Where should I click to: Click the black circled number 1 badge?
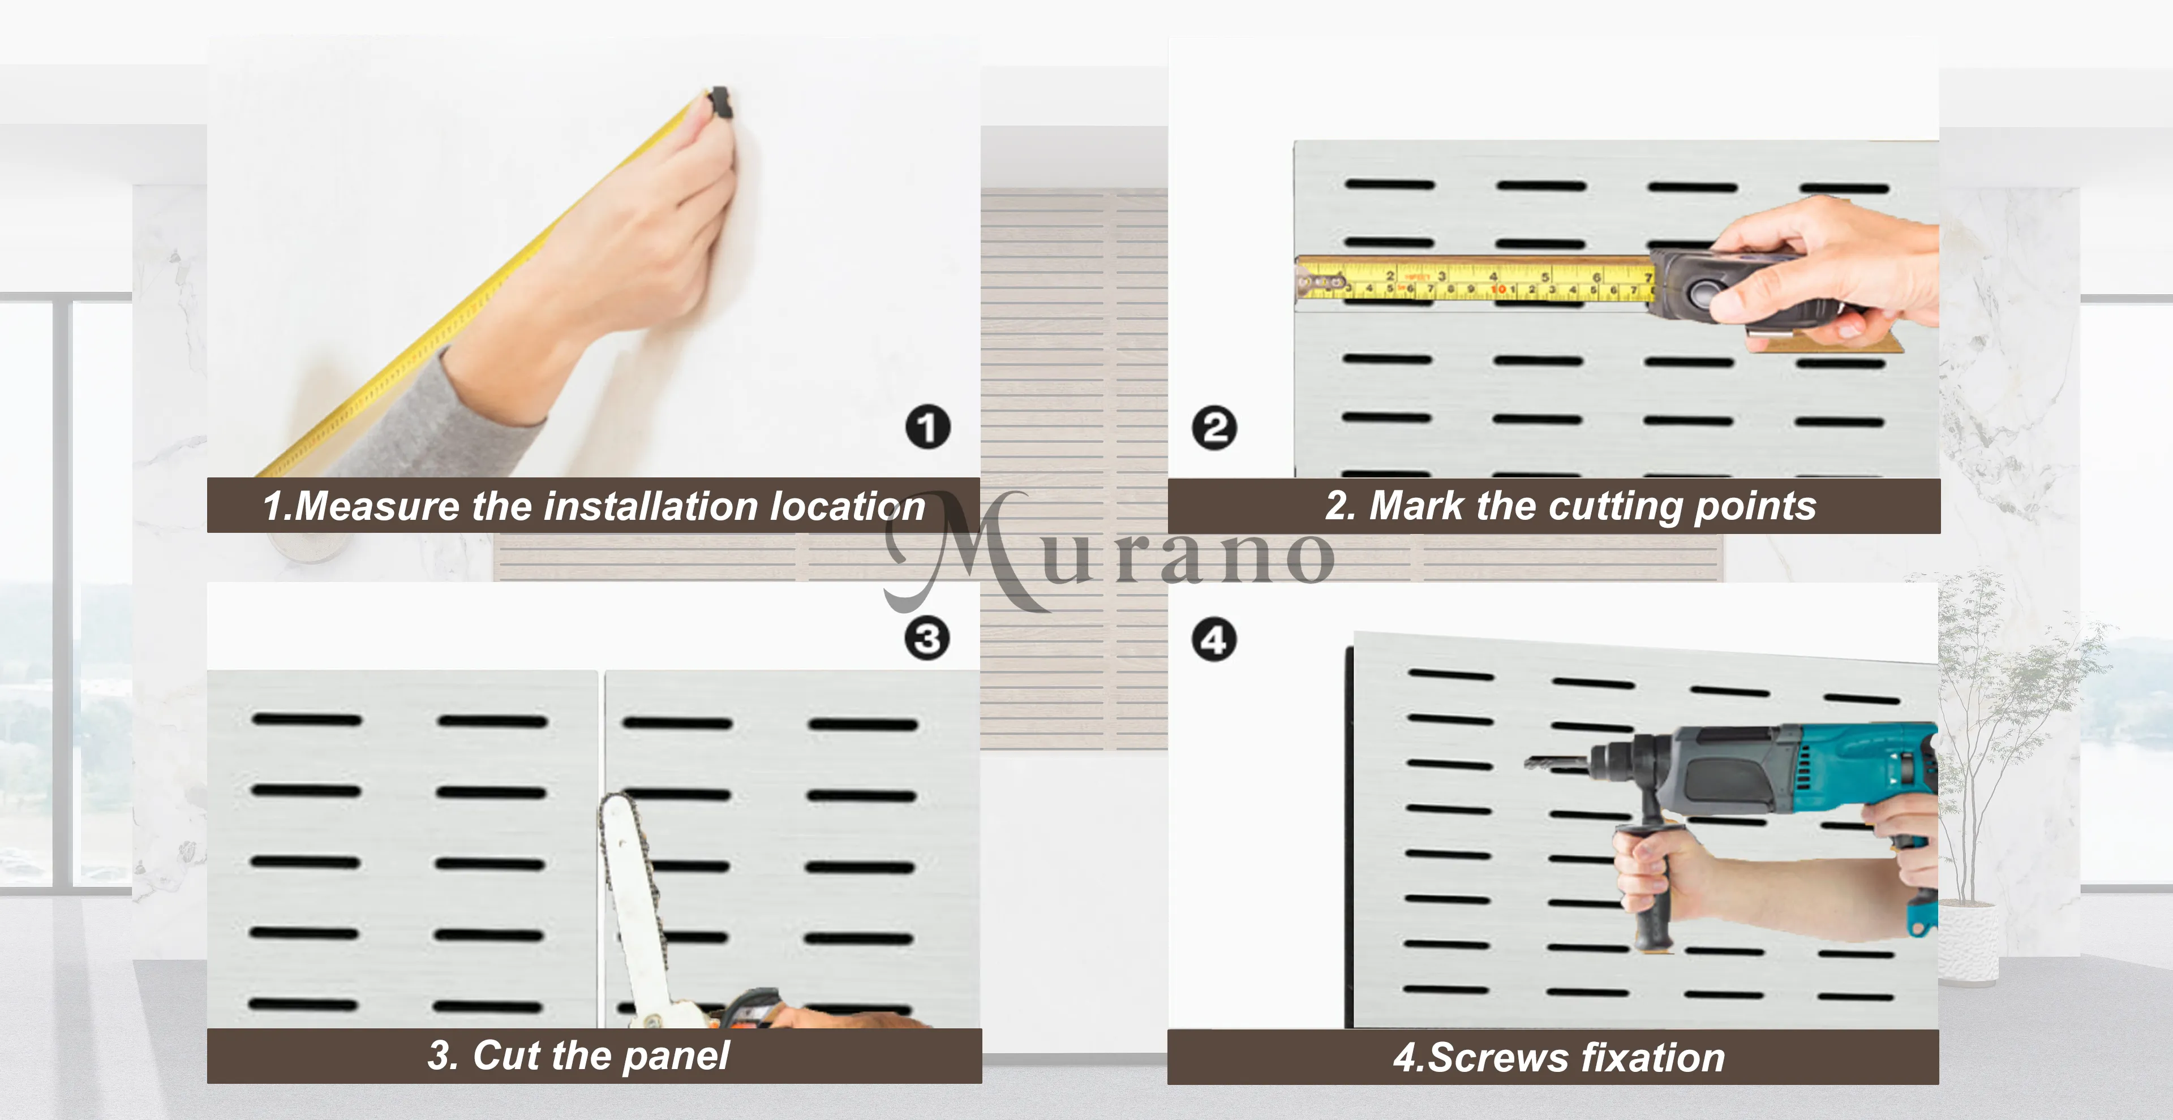pos(928,428)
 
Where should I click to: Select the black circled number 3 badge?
pos(927,639)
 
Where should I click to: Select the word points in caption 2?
pos(1755,507)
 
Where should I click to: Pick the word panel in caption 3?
pos(677,1056)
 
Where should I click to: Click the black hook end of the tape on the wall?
pos(720,102)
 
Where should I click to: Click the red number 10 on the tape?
pos(1498,289)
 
